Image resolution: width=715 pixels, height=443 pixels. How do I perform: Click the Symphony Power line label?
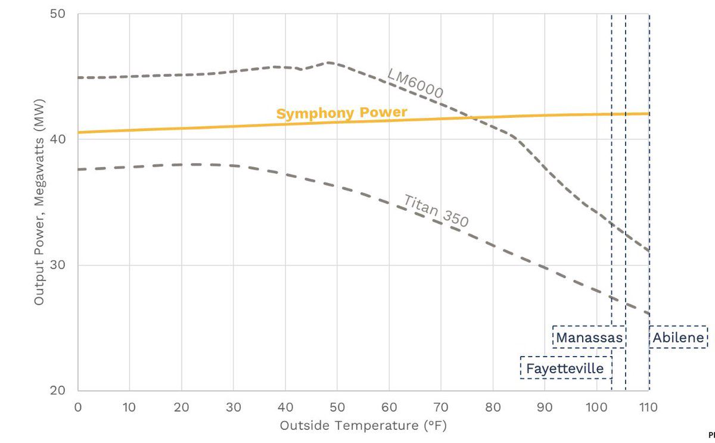[341, 113]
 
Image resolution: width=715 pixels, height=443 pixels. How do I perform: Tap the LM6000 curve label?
[415, 82]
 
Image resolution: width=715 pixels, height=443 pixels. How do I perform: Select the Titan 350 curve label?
[436, 210]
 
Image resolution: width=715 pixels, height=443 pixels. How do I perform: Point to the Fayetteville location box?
[565, 369]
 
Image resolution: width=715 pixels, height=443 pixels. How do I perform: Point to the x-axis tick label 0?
[78, 407]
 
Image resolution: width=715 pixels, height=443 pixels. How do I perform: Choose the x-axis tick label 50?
[337, 407]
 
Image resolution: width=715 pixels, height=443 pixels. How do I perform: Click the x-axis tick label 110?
[648, 407]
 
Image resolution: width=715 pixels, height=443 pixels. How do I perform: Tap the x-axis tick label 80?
[493, 407]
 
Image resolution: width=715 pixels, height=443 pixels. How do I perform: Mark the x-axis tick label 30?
[234, 407]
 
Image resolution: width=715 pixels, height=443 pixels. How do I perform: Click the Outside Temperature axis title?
[362, 426]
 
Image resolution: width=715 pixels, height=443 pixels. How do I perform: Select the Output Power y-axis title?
[39, 202]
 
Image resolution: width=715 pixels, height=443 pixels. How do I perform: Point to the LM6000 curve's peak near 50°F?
[328, 62]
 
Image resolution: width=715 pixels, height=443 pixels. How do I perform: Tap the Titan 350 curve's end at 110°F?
[649, 314]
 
